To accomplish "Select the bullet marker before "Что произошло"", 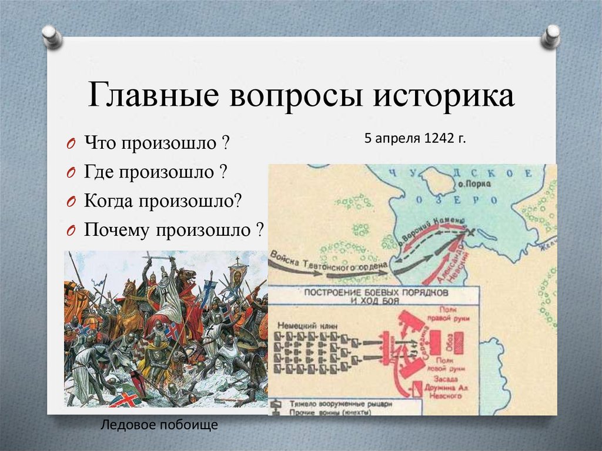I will click(69, 145).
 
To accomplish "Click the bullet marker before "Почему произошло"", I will click(69, 230).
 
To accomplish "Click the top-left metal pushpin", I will click(52, 36).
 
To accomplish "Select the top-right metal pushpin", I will click(551, 36).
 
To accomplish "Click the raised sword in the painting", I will click(158, 258).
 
